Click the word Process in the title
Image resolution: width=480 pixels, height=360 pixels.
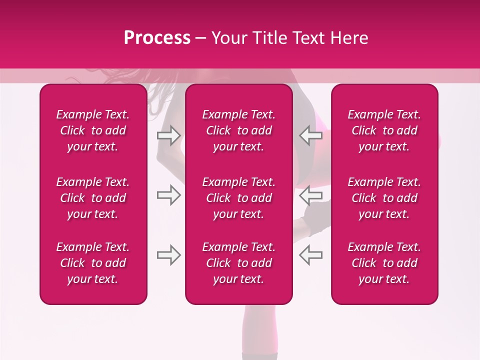click(x=157, y=38)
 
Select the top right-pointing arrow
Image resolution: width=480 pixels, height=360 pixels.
click(x=168, y=135)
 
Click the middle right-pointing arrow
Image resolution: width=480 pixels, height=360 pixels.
click(x=168, y=195)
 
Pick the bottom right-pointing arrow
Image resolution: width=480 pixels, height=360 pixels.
click(x=168, y=255)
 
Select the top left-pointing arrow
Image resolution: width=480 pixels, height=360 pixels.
click(x=310, y=135)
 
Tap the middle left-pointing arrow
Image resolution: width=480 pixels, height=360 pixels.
click(x=310, y=195)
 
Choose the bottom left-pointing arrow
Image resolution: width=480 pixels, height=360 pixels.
click(x=310, y=255)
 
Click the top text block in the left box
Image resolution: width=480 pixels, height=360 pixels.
click(x=93, y=130)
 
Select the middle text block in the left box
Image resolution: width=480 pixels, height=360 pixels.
click(x=93, y=198)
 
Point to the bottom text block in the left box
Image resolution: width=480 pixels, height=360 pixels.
click(x=93, y=263)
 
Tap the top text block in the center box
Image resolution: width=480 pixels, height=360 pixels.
click(x=238, y=130)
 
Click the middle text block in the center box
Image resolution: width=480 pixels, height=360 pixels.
click(x=238, y=198)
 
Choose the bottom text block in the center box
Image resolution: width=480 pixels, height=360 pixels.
click(x=238, y=263)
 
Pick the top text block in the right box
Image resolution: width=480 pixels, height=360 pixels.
click(x=384, y=130)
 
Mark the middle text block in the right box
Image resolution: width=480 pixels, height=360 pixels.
click(x=384, y=198)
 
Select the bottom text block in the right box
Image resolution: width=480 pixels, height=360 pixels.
click(x=384, y=263)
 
